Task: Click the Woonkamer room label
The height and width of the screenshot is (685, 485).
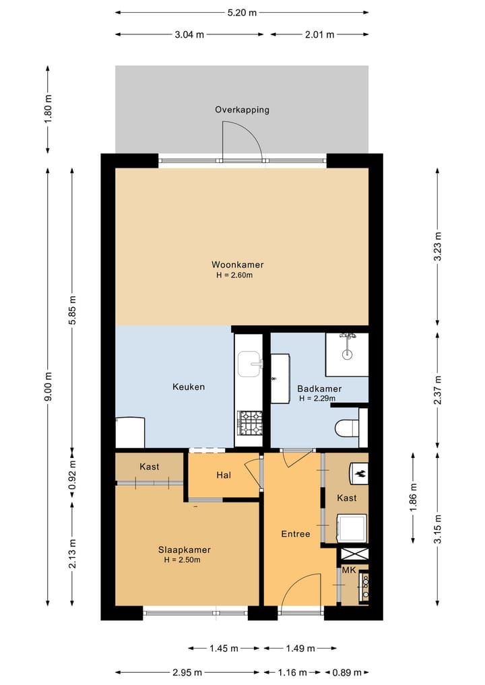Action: pyautogui.click(x=237, y=264)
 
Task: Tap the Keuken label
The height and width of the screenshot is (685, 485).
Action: pyautogui.click(x=189, y=387)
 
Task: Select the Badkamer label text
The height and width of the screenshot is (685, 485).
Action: pyautogui.click(x=319, y=389)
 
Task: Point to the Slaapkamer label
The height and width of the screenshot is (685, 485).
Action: pyautogui.click(x=184, y=550)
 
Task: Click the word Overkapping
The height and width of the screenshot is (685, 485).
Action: pyautogui.click(x=242, y=110)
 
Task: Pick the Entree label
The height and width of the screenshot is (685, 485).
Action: pyautogui.click(x=295, y=534)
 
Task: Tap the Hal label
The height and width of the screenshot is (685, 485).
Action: pyautogui.click(x=223, y=475)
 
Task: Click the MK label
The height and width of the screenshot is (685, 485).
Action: pyautogui.click(x=349, y=570)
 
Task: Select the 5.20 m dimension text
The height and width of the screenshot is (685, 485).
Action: pyautogui.click(x=242, y=13)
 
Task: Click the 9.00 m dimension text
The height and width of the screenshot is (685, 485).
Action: pyautogui.click(x=48, y=386)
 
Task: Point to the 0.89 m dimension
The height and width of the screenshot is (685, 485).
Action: pyautogui.click(x=347, y=672)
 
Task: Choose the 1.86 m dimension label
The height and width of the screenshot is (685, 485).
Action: pyautogui.click(x=414, y=497)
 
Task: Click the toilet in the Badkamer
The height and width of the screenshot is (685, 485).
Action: pyautogui.click(x=346, y=428)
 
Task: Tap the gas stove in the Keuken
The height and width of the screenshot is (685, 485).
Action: pyautogui.click(x=249, y=423)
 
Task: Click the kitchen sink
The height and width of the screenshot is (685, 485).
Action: pyautogui.click(x=250, y=364)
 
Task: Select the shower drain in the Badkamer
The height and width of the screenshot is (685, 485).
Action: pyautogui.click(x=347, y=354)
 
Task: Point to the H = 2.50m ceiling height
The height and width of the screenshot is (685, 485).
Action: pyautogui.click(x=182, y=560)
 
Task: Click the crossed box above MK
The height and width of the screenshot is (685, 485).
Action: pyautogui.click(x=354, y=554)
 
